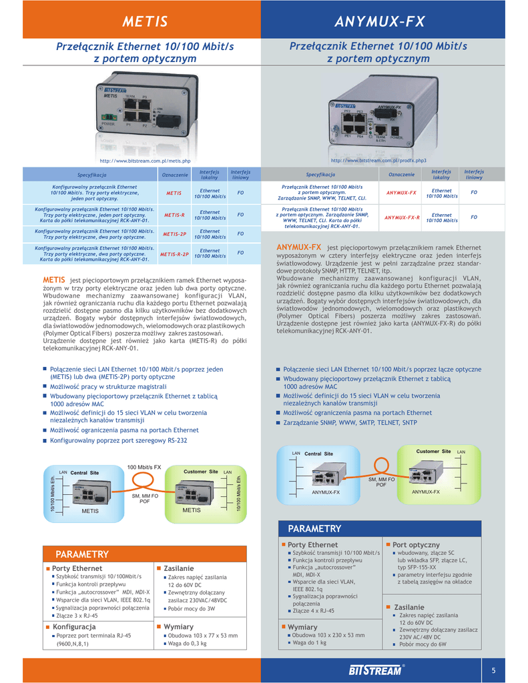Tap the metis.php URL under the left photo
(145, 161)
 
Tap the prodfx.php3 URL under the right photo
(378, 161)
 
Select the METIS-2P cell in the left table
(174, 234)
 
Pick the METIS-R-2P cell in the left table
(174, 254)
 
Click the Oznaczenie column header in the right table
(401, 174)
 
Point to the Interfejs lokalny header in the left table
(210, 174)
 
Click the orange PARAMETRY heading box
(83, 554)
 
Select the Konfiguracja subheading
(74, 627)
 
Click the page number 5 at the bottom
(493, 670)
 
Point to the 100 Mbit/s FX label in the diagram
(144, 467)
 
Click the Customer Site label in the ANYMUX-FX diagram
(433, 452)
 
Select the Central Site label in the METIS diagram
(84, 473)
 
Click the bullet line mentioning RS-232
(119, 441)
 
